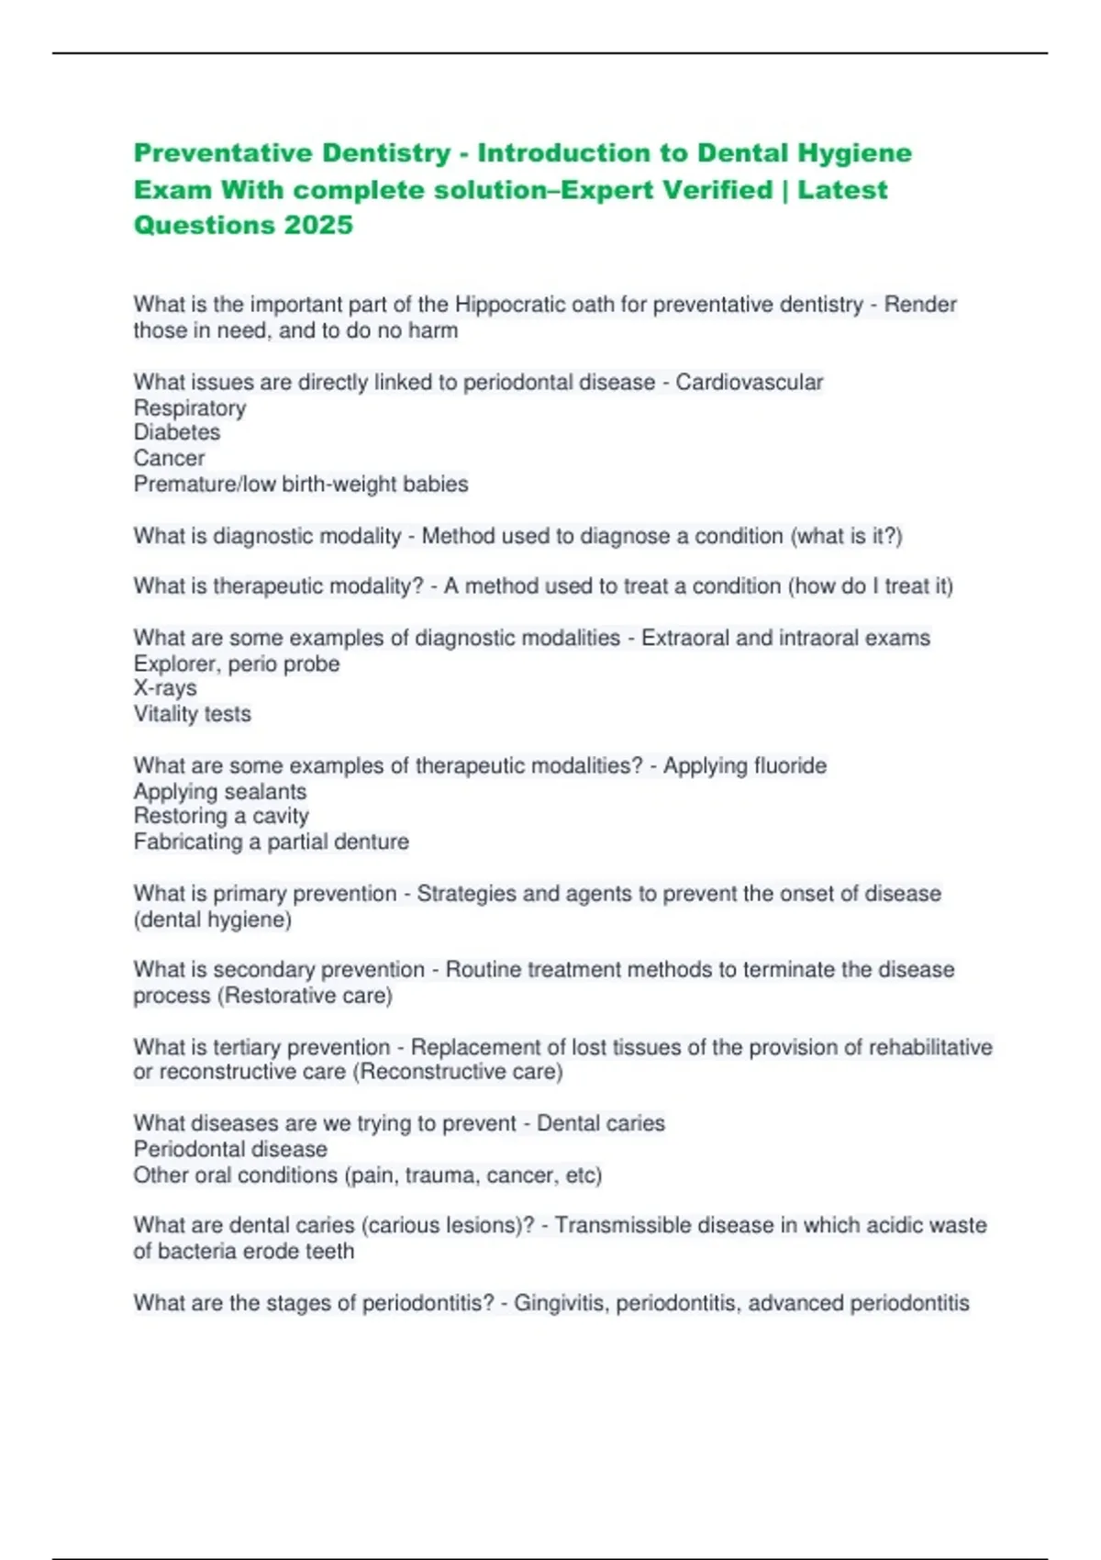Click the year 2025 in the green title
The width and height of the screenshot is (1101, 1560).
click(x=318, y=225)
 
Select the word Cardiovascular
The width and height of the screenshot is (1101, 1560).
click(x=749, y=382)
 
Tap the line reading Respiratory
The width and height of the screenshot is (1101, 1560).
click(x=190, y=408)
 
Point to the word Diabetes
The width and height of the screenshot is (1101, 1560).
click(x=177, y=433)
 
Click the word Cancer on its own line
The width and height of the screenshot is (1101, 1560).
click(x=170, y=458)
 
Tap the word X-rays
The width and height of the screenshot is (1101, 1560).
click(x=165, y=688)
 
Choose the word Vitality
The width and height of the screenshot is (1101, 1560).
click(x=166, y=714)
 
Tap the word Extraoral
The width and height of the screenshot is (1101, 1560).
click(x=684, y=638)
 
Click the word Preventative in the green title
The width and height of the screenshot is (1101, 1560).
click(x=226, y=152)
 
